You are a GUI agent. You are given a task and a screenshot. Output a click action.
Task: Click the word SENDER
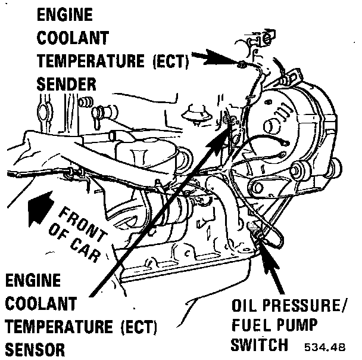point(66,83)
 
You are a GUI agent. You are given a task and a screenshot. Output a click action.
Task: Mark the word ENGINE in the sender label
point(65,15)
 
